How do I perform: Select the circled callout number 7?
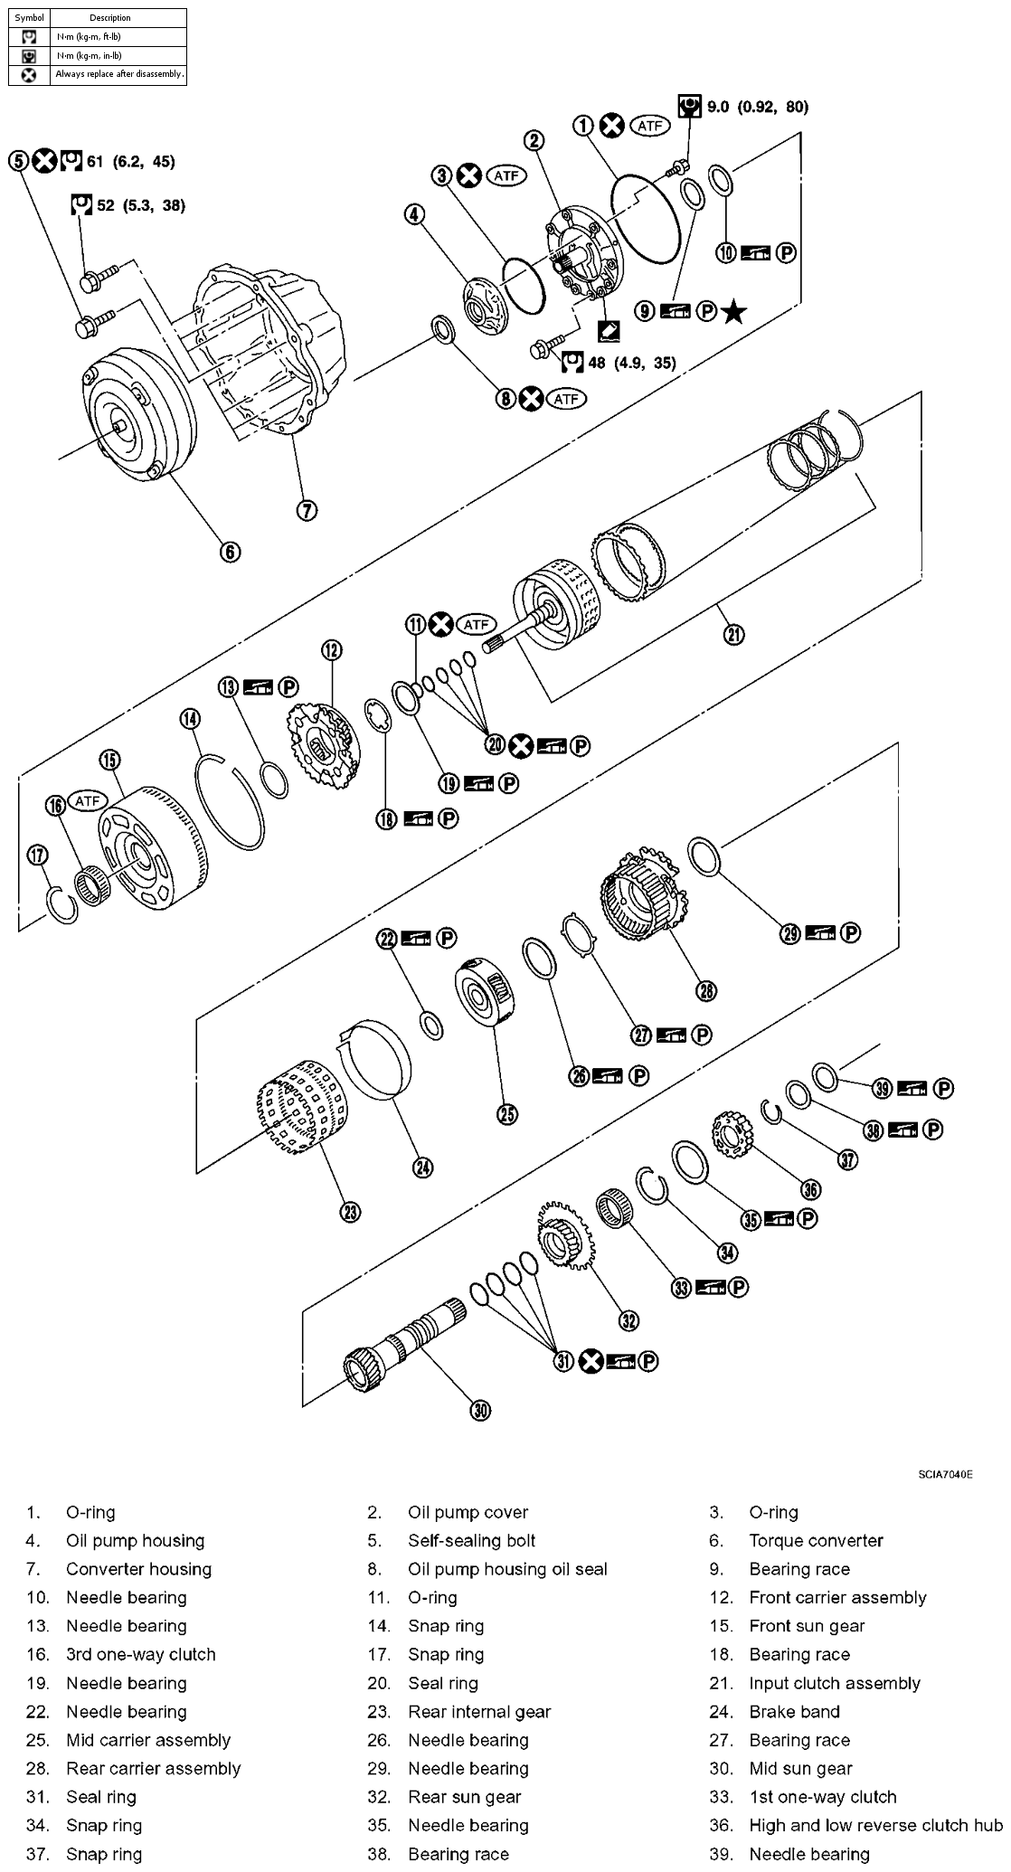click(307, 510)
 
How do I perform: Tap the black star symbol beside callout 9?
click(734, 312)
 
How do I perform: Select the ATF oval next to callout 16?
click(89, 800)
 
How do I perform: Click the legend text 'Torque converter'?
click(816, 1540)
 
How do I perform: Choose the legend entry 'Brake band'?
click(794, 1711)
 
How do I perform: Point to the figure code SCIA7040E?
click(945, 1474)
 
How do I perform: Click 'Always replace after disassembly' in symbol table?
click(119, 74)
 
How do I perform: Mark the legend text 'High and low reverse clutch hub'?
click(875, 1825)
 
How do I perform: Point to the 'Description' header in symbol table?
click(110, 17)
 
